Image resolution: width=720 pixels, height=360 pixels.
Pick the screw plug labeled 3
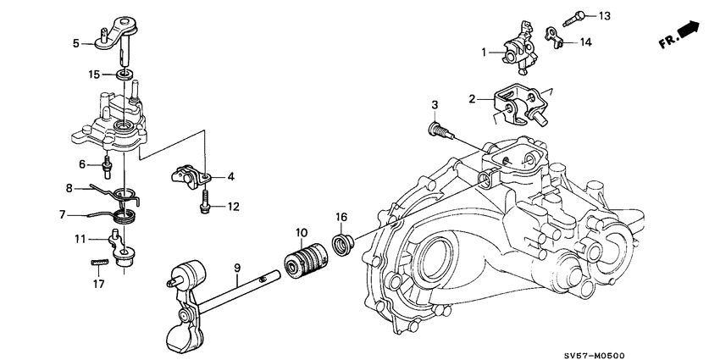[x=436, y=130]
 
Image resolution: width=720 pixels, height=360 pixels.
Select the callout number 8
[x=69, y=188]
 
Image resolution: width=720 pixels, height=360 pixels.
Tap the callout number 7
[x=63, y=215]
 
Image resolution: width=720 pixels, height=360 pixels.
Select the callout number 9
[x=237, y=269]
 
